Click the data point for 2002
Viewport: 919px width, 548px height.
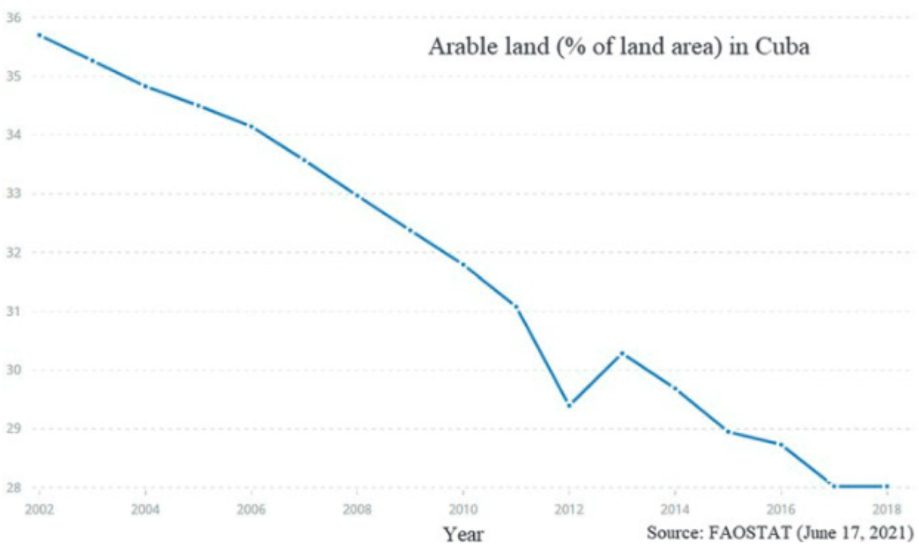[x=39, y=35]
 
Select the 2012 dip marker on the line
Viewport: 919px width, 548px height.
[x=569, y=404]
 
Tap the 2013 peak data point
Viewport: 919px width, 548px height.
[x=622, y=353]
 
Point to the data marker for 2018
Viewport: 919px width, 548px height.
[x=887, y=486]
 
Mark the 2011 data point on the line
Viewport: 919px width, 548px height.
[x=516, y=306]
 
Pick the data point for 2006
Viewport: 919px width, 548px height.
[x=251, y=126]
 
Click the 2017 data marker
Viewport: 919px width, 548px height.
[x=834, y=486]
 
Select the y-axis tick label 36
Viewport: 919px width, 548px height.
[x=13, y=18]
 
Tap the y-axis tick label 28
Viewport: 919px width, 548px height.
[x=13, y=487]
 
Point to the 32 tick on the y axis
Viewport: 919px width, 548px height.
[x=13, y=252]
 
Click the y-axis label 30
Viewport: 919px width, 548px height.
[x=13, y=370]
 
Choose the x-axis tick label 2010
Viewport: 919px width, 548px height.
[x=463, y=509]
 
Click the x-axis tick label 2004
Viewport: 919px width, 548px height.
[x=145, y=509]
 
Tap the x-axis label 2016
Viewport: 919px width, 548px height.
[x=780, y=509]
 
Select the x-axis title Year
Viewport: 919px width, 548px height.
[x=463, y=534]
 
